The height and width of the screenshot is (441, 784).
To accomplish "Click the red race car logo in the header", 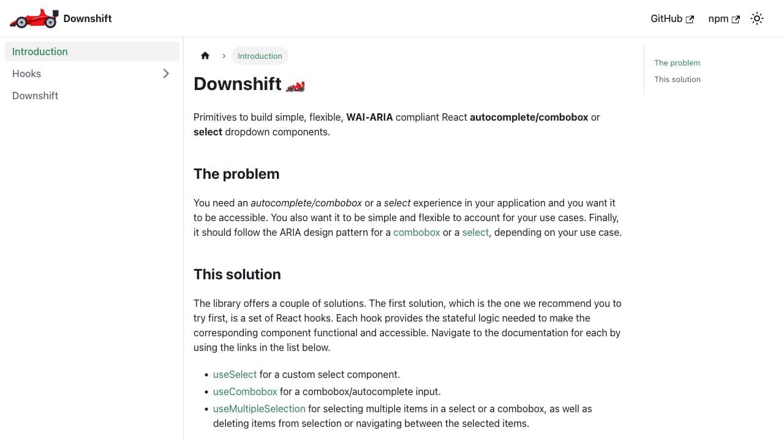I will click(x=34, y=18).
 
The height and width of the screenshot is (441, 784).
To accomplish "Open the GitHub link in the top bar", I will click(x=671, y=18).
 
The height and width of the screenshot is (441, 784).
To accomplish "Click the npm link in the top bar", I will click(x=723, y=18).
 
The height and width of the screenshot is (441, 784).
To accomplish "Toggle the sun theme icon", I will click(x=757, y=18).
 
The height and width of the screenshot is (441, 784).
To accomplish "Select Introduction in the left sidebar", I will click(x=40, y=51).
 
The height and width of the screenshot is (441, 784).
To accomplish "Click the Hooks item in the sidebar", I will click(x=27, y=73).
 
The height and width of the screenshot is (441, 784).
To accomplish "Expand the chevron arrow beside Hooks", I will click(x=166, y=73).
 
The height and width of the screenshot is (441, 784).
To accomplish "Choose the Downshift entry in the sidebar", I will click(x=36, y=96).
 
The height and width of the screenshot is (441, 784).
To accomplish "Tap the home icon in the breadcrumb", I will click(x=205, y=56).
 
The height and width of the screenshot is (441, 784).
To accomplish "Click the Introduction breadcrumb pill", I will click(x=260, y=56).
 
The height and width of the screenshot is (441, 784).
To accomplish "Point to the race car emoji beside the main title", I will click(x=295, y=86).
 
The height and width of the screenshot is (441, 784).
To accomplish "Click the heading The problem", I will click(x=236, y=174).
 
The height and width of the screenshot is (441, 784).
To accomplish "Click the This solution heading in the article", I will click(x=237, y=274).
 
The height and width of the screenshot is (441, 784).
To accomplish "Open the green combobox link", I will click(x=417, y=232).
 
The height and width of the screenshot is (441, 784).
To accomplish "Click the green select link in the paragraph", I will click(x=475, y=232).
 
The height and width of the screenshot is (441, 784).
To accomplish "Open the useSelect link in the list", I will click(x=235, y=374).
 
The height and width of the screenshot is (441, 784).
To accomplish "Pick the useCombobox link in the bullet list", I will click(x=245, y=391).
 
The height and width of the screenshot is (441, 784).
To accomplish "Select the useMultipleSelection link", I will click(x=259, y=409).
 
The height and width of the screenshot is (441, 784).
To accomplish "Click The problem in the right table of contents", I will click(x=677, y=62).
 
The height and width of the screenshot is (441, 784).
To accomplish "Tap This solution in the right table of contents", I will click(x=677, y=79).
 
